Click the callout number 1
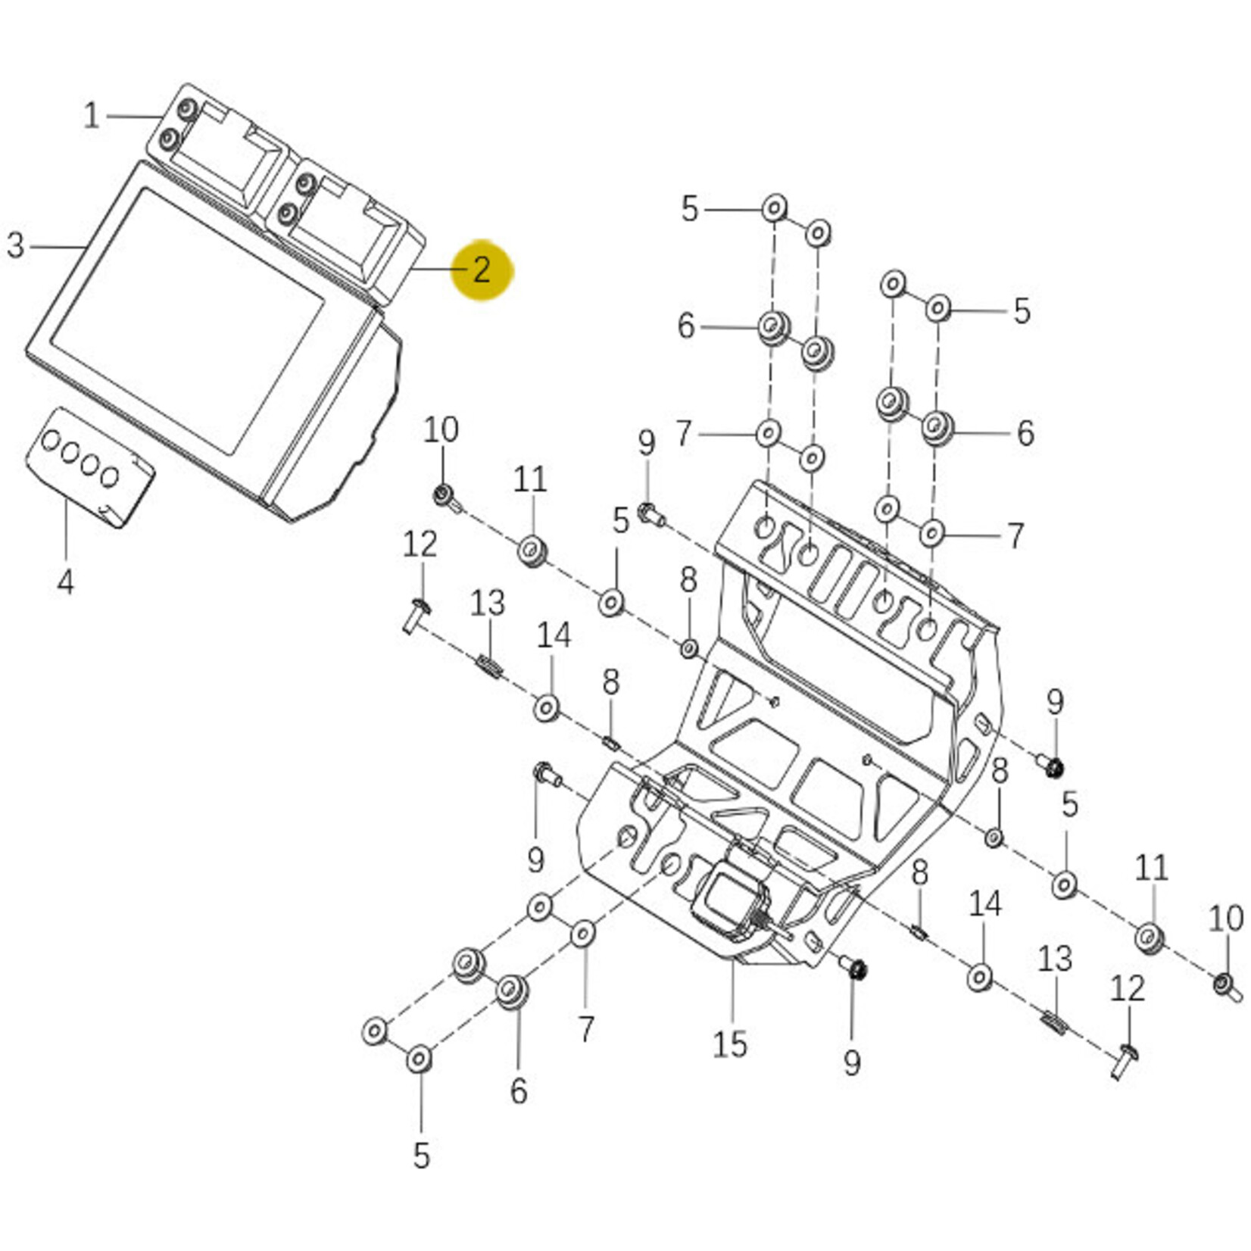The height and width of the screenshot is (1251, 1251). [91, 117]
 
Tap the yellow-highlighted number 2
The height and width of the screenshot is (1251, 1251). [482, 270]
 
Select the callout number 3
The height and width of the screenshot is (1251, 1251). [15, 245]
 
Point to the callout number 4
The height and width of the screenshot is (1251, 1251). [66, 582]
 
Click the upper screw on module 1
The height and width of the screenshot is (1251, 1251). [186, 111]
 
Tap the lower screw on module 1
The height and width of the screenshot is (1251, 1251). [169, 139]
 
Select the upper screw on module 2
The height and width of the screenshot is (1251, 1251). [306, 184]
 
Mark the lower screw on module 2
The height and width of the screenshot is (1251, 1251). [287, 214]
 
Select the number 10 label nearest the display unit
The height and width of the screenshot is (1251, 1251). [441, 430]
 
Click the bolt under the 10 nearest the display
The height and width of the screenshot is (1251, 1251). [445, 496]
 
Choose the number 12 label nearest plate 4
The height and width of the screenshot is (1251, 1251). [420, 544]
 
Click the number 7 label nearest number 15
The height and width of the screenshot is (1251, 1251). [586, 1028]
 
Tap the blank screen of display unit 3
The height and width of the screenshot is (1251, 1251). [189, 318]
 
